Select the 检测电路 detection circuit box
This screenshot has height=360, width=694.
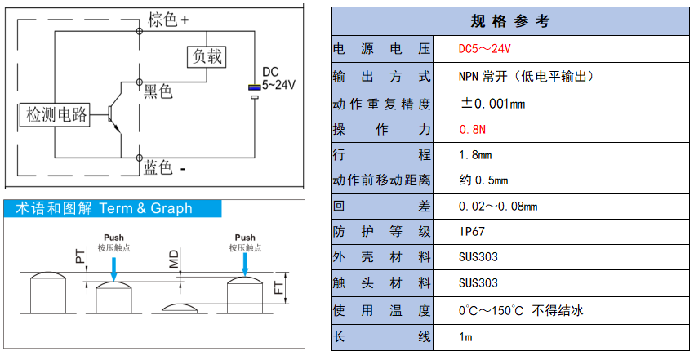click(56, 115)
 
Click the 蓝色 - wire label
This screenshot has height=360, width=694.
click(164, 167)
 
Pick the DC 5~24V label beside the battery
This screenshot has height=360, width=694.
click(277, 78)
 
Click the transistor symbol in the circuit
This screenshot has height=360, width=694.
click(112, 115)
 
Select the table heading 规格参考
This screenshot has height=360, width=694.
click(510, 20)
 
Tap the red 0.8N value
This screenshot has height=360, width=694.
click(472, 130)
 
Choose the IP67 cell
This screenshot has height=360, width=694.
click(474, 232)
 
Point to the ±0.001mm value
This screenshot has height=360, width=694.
click(492, 104)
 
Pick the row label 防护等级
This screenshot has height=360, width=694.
click(381, 232)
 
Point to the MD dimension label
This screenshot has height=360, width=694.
click(174, 260)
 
